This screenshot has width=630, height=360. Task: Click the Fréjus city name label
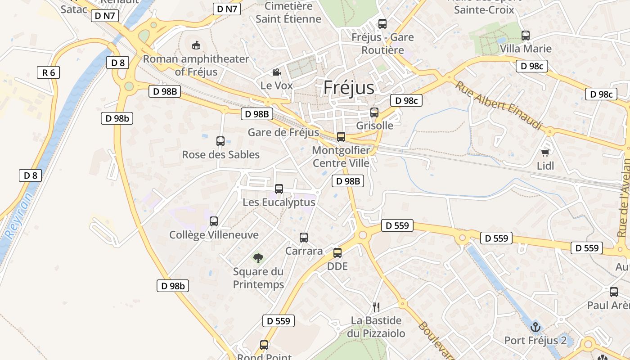click(x=349, y=88)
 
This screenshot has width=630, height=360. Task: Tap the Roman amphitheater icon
click(x=196, y=45)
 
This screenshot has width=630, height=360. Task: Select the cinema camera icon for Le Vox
click(x=276, y=72)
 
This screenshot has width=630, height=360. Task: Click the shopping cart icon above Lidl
click(x=545, y=153)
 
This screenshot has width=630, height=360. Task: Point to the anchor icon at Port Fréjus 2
click(x=535, y=327)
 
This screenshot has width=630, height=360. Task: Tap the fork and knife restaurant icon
click(x=376, y=307)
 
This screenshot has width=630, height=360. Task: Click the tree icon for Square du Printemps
click(x=258, y=258)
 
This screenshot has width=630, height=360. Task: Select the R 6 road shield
click(x=48, y=72)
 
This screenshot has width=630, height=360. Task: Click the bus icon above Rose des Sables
click(x=220, y=141)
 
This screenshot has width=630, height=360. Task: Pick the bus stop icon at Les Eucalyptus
click(x=279, y=189)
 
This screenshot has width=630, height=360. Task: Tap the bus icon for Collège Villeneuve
click(x=214, y=221)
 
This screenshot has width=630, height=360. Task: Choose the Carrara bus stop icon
click(x=304, y=238)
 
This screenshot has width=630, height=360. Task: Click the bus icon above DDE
click(x=337, y=253)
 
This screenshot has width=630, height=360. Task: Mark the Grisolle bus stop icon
click(x=374, y=112)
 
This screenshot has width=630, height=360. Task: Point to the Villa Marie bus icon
click(x=526, y=36)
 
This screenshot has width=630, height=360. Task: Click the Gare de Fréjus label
click(x=283, y=132)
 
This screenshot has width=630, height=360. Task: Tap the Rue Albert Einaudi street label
click(x=499, y=105)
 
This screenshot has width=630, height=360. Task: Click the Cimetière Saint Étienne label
click(x=288, y=13)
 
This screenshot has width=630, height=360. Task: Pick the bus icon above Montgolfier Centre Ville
click(x=341, y=137)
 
